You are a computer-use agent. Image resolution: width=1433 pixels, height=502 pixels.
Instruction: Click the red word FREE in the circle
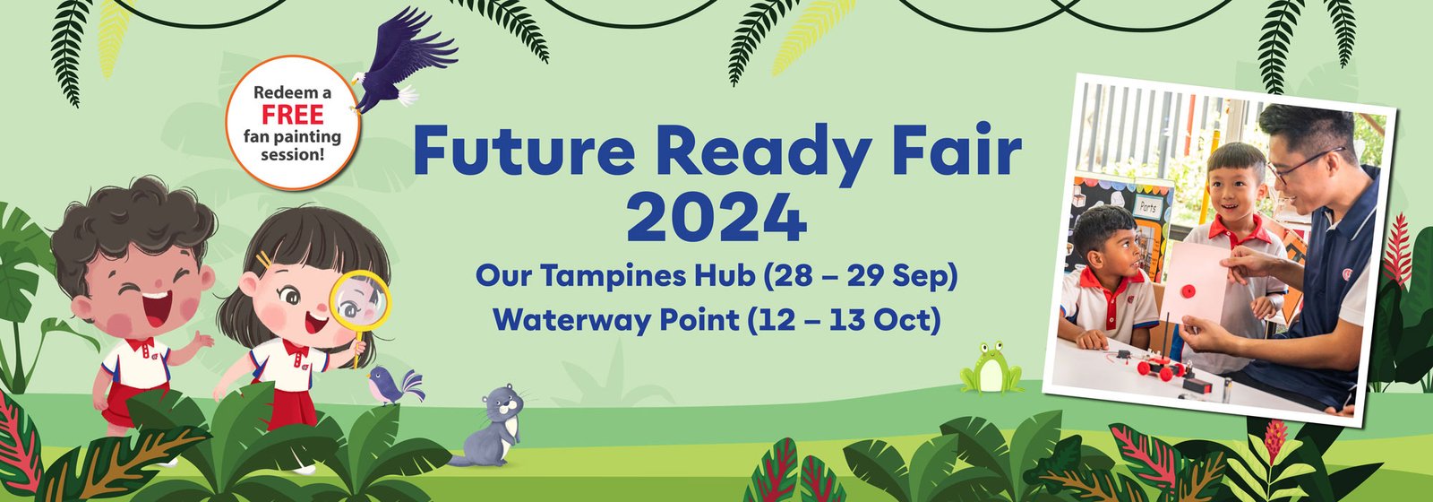click(x=292, y=115)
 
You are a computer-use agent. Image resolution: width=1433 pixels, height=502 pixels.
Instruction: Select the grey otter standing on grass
click(x=489, y=426)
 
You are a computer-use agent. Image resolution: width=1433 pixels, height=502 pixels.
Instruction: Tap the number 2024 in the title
click(x=716, y=219)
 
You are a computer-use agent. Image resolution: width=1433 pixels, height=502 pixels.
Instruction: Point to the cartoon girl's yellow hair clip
click(x=263, y=260)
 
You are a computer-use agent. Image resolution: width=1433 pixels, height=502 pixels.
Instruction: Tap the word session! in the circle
click(x=292, y=154)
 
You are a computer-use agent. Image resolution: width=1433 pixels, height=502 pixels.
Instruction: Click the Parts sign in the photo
click(x=1147, y=207)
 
